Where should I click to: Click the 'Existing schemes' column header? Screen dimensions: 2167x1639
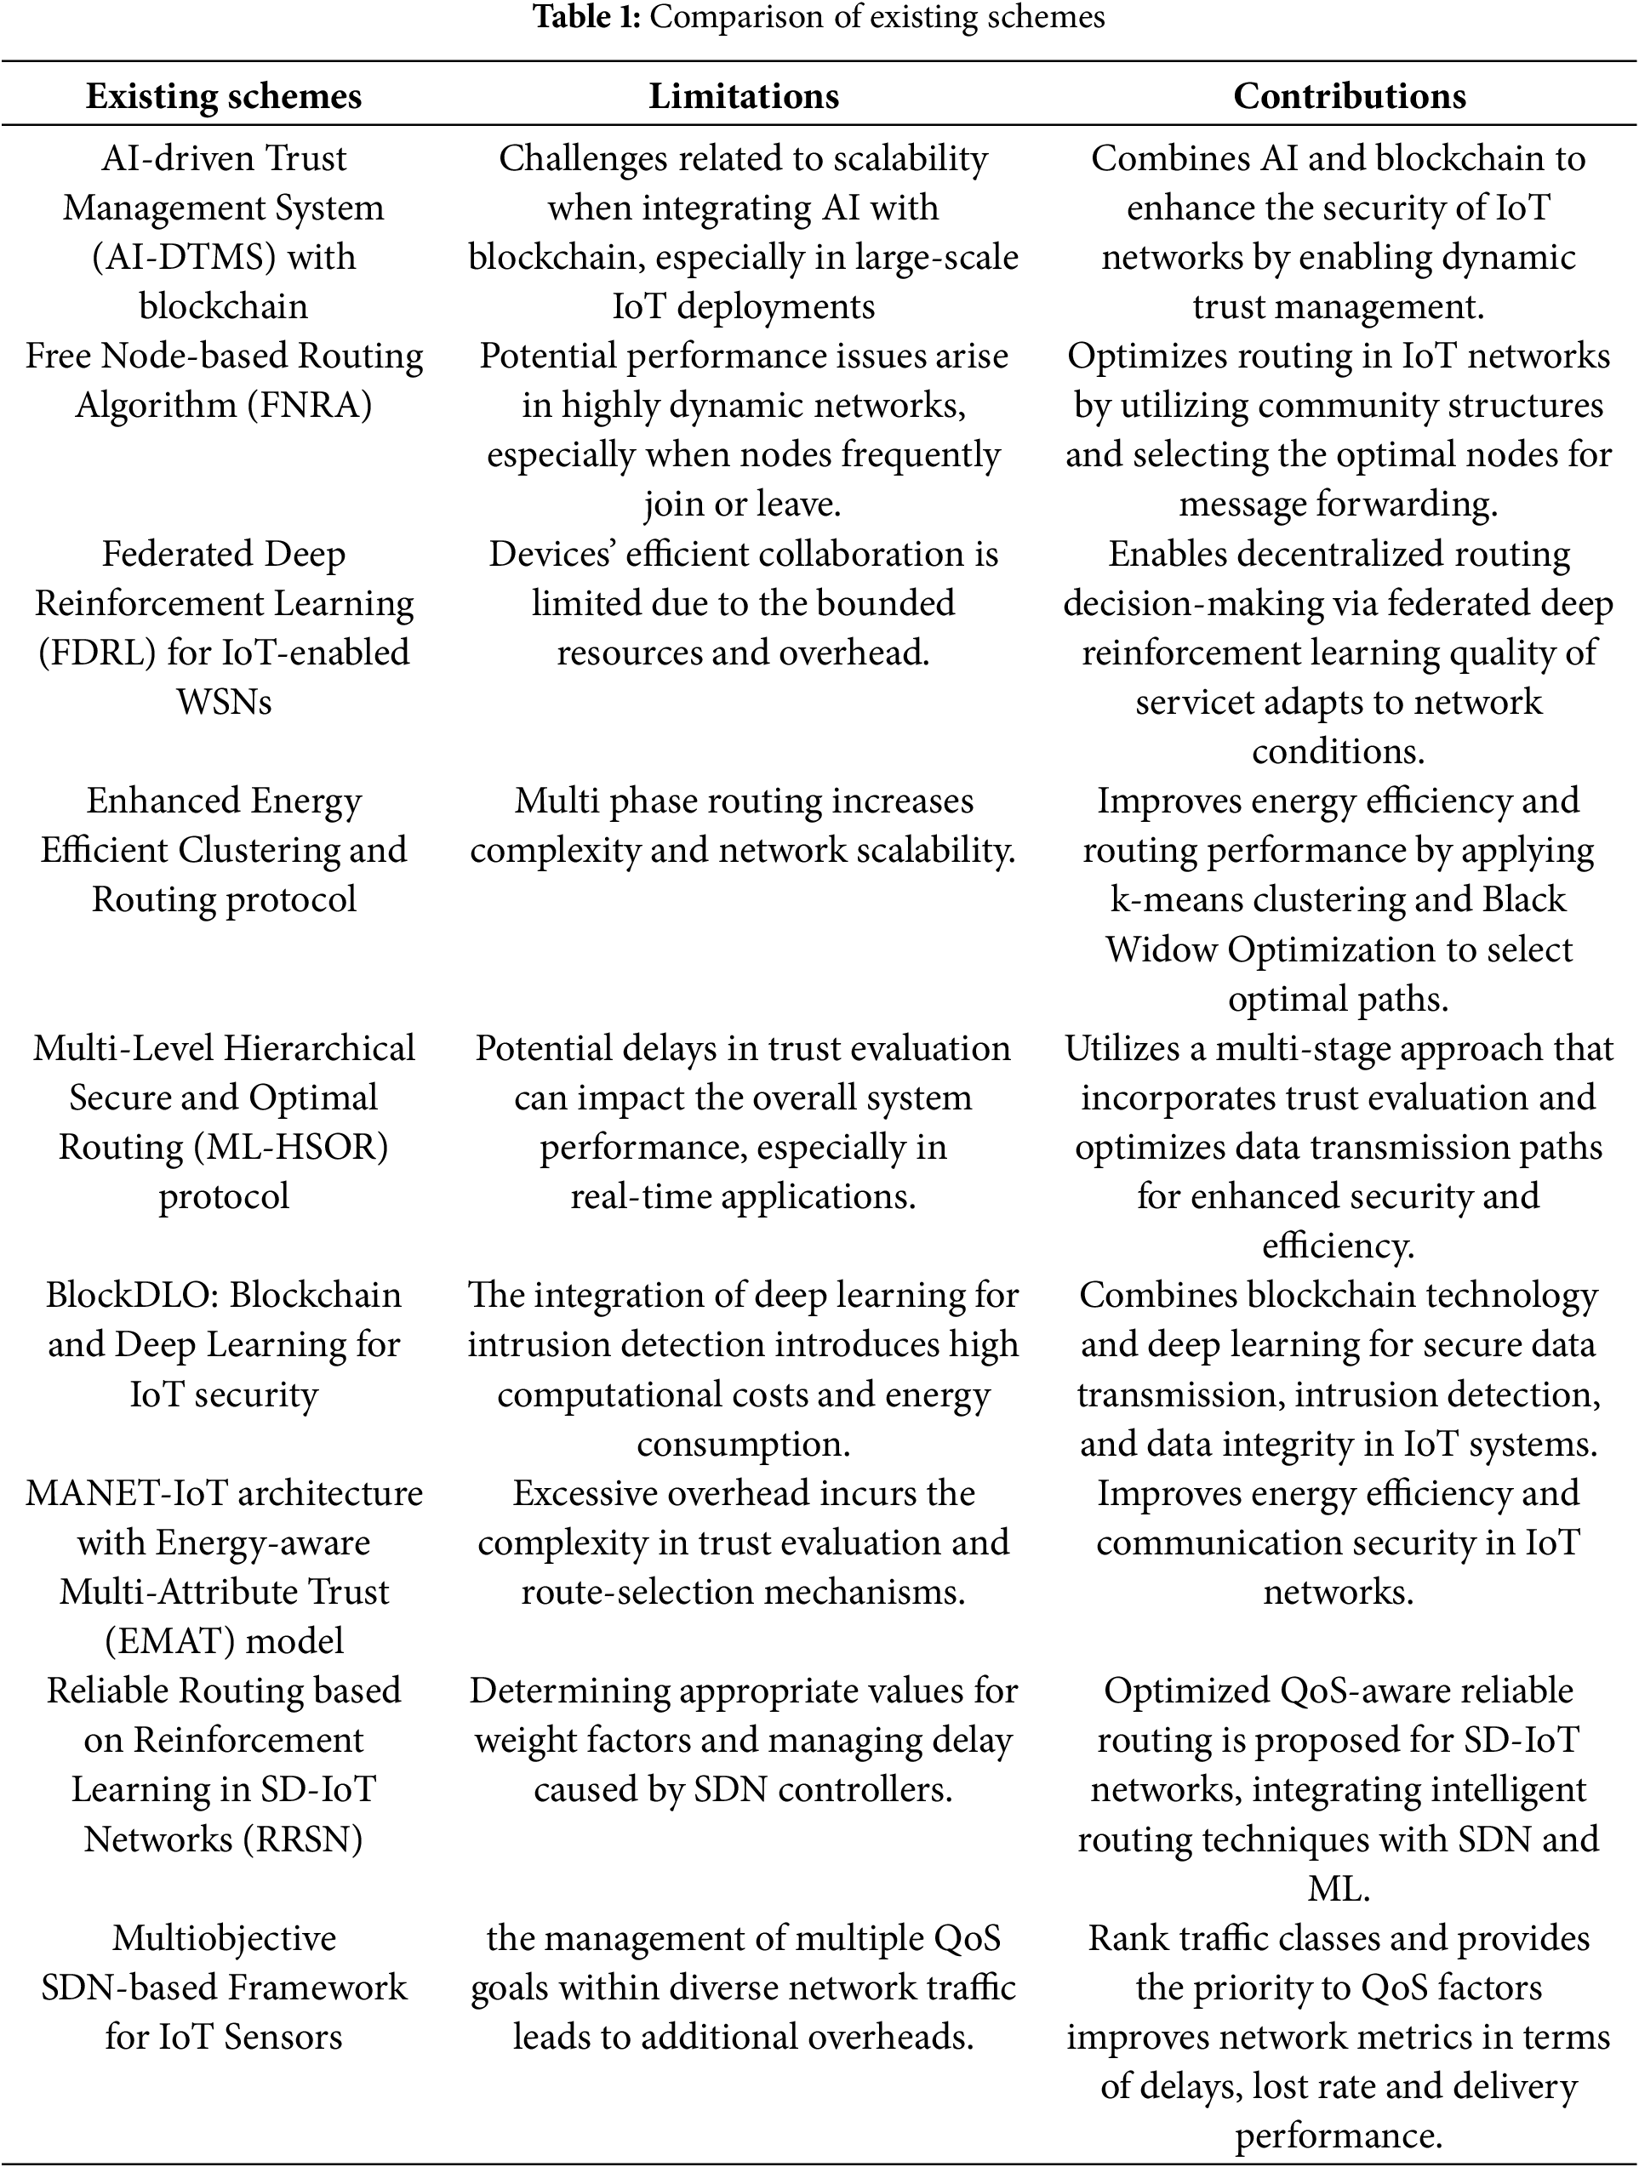click(223, 96)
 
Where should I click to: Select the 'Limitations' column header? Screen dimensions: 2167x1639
click(744, 96)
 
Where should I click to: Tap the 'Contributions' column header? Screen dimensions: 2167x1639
click(1349, 96)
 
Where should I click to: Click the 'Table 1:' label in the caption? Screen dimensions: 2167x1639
click(587, 17)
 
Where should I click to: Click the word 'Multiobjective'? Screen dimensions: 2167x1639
click(223, 1938)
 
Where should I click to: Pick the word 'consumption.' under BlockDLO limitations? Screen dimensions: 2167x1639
click(744, 1444)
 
